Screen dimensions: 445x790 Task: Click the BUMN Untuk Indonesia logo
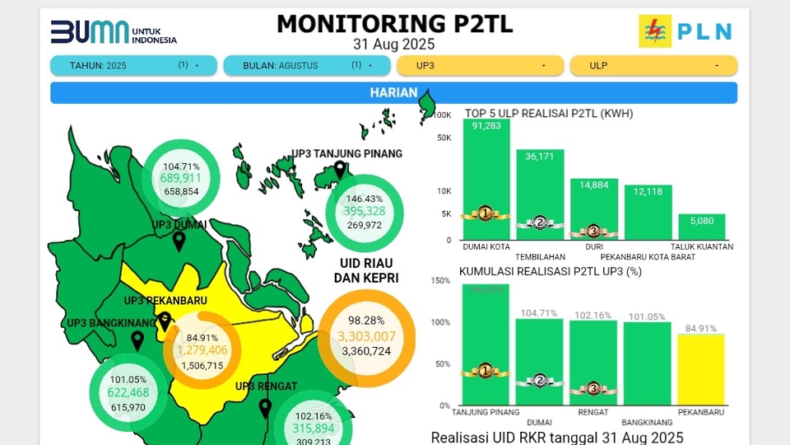coord(114,32)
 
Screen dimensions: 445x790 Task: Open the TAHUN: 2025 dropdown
coord(133,65)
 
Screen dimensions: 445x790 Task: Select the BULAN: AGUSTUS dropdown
coord(304,65)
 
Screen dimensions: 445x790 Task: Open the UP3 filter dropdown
coord(480,65)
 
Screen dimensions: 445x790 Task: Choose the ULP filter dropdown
coord(653,65)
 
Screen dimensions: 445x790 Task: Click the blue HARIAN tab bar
coord(393,93)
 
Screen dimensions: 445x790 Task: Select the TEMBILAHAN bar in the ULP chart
coord(540,194)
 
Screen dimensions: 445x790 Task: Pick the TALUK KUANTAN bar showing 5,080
coord(702,227)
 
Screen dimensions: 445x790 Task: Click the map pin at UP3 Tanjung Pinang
coord(340,171)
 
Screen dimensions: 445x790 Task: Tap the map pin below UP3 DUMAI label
coord(179,241)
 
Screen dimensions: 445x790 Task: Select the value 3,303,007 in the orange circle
coord(367,336)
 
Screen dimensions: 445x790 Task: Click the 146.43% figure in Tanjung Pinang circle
coord(365,199)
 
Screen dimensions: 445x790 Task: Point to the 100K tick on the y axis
coord(443,115)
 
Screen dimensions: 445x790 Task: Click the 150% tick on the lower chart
coord(440,281)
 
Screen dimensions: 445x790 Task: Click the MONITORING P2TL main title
coord(394,23)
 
